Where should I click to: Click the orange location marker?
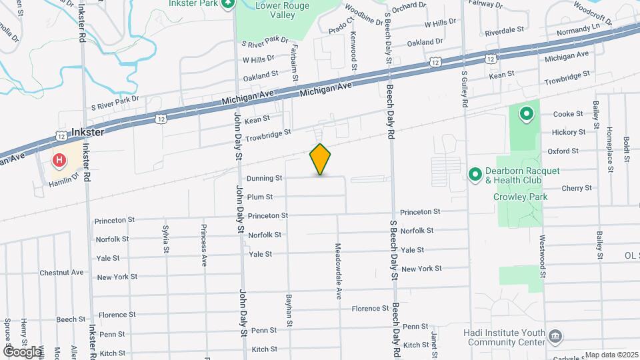click(321, 159)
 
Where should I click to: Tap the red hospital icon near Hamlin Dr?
click(59, 161)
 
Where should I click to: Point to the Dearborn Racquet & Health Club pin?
click(475, 174)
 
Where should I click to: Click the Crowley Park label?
click(520, 197)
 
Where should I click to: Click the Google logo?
click(22, 351)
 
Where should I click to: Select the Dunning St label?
click(265, 178)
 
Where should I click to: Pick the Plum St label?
click(259, 197)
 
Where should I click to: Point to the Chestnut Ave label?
click(61, 272)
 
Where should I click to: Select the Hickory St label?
click(569, 132)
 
